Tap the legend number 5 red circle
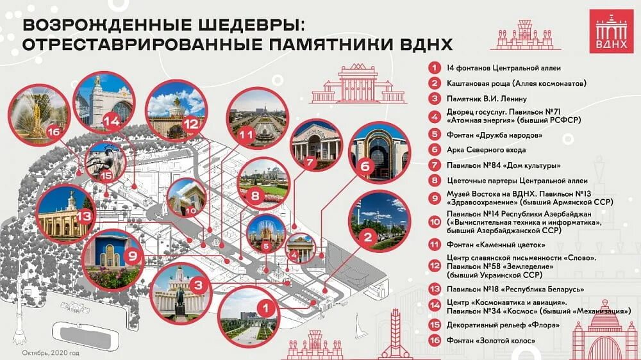[x=435, y=135]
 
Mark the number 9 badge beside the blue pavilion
[x=132, y=256]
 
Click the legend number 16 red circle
[x=435, y=340]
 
